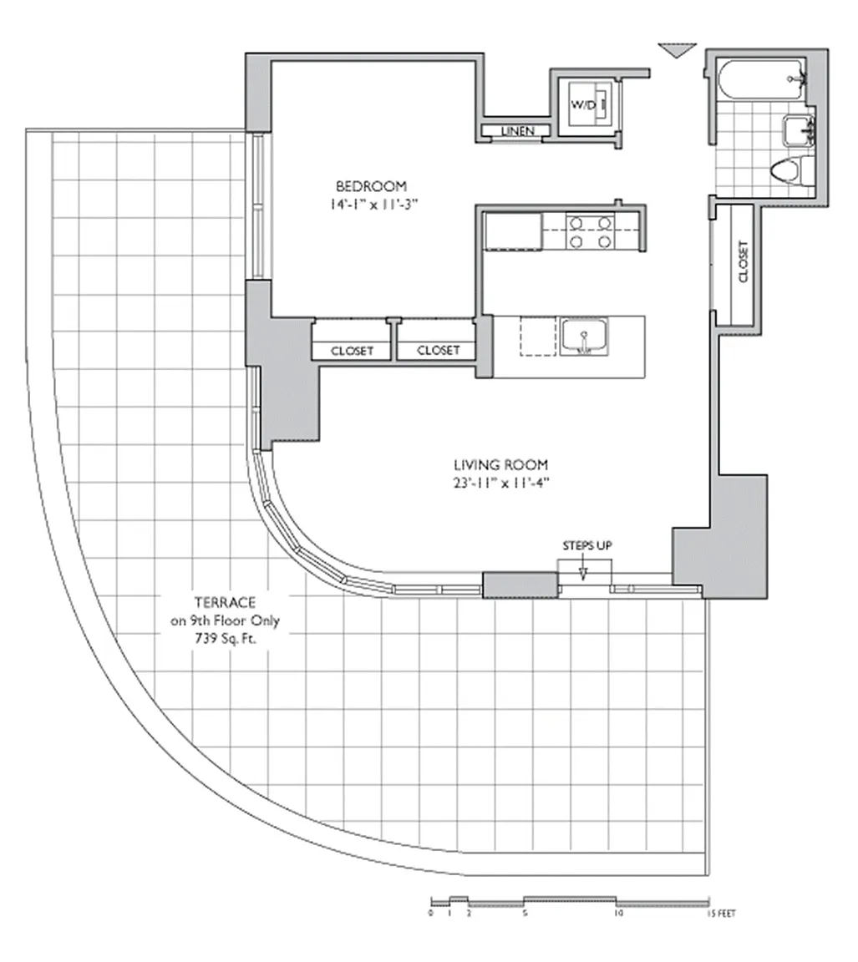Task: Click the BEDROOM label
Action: pyautogui.click(x=371, y=186)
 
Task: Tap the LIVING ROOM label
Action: pyautogui.click(x=500, y=465)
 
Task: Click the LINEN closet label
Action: pyautogui.click(x=517, y=131)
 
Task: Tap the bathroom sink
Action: pyautogui.click(x=798, y=130)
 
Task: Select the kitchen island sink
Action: pyautogui.click(x=583, y=337)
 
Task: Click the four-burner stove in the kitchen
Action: pyautogui.click(x=590, y=231)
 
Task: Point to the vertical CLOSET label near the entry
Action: pyautogui.click(x=744, y=261)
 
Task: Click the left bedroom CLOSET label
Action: pyautogui.click(x=352, y=351)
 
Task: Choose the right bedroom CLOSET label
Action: pyautogui.click(x=439, y=351)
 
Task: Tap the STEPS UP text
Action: pyautogui.click(x=587, y=545)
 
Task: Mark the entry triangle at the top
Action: pyautogui.click(x=678, y=50)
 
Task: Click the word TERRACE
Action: pyautogui.click(x=225, y=602)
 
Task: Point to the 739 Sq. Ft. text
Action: pyautogui.click(x=226, y=639)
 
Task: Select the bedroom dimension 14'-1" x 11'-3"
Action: pyautogui.click(x=373, y=205)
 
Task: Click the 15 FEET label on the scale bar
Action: pyautogui.click(x=721, y=914)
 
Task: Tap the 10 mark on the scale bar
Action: pyautogui.click(x=618, y=914)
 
